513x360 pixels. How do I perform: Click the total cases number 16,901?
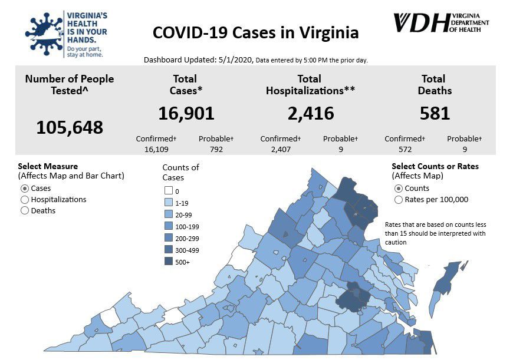(186, 113)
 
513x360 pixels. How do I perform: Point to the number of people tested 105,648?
(70, 127)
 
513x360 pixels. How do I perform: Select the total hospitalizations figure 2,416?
(311, 113)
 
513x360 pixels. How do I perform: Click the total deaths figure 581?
(435, 113)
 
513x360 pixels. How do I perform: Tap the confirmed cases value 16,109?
(156, 149)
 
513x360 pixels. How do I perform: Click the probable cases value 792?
(216, 149)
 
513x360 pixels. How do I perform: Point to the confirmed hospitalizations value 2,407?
(281, 149)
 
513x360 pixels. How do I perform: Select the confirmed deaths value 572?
(405, 149)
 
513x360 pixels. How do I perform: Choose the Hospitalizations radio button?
(25, 200)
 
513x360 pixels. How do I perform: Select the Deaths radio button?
(25, 210)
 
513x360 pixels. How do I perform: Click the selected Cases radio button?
(25, 189)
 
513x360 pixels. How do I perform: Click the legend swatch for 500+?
(168, 262)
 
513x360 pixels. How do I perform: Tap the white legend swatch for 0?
(168, 191)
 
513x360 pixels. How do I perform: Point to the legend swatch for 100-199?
(168, 226)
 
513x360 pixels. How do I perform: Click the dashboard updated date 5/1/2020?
(236, 60)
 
